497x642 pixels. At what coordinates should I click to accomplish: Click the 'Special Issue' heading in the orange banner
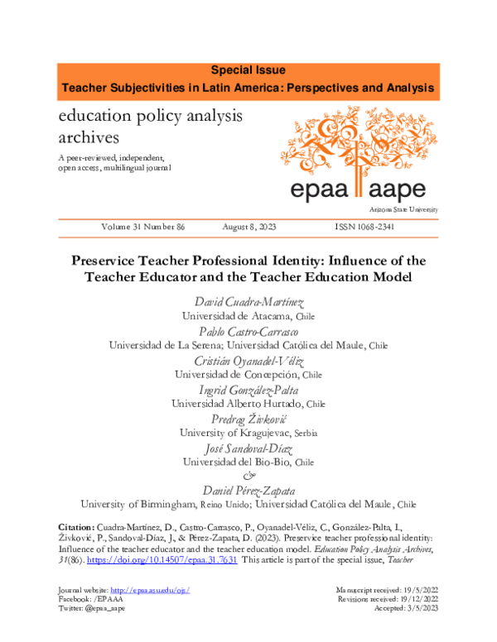248,71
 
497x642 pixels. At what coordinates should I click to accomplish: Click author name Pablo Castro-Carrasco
248,331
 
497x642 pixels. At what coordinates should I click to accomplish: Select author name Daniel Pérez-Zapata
248,490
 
